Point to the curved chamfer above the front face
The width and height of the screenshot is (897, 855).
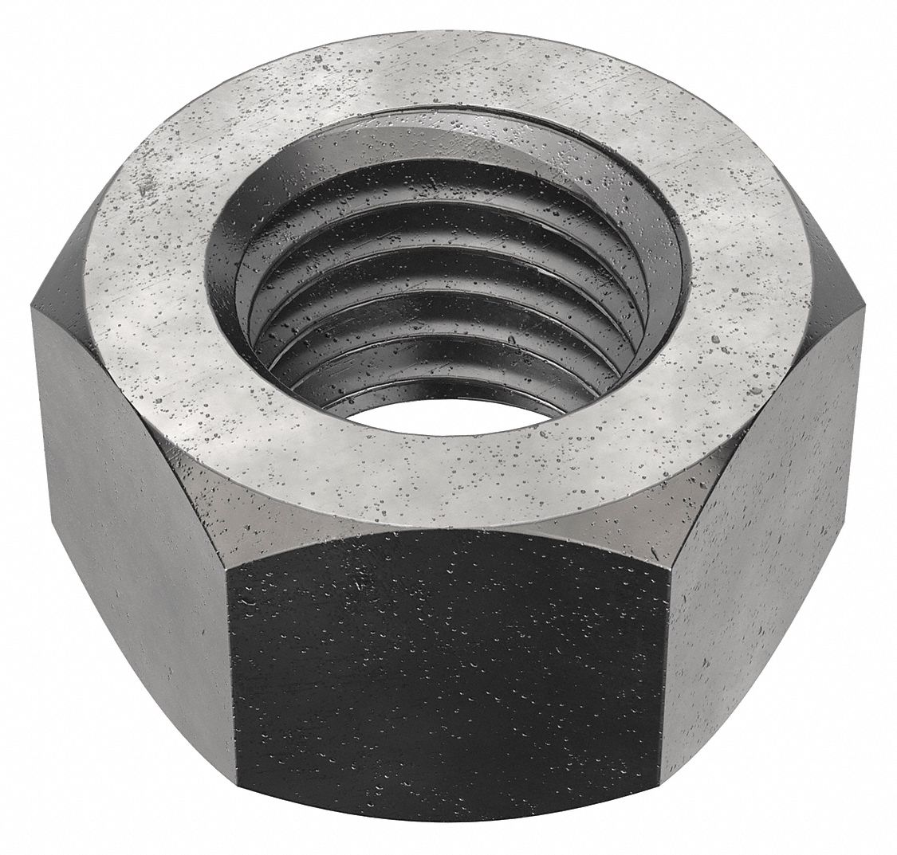pyautogui.click(x=447, y=530)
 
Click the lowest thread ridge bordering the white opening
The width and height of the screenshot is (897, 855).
pyautogui.click(x=447, y=382)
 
